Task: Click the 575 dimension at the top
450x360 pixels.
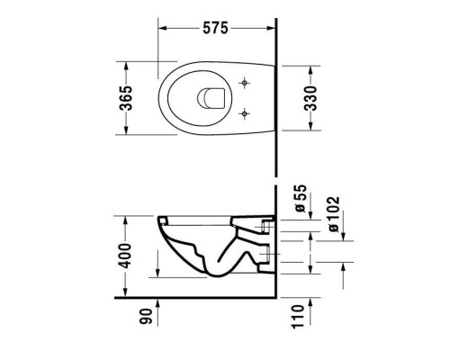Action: (213, 28)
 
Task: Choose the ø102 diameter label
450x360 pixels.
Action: (334, 215)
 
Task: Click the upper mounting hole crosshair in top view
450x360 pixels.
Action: (244, 82)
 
